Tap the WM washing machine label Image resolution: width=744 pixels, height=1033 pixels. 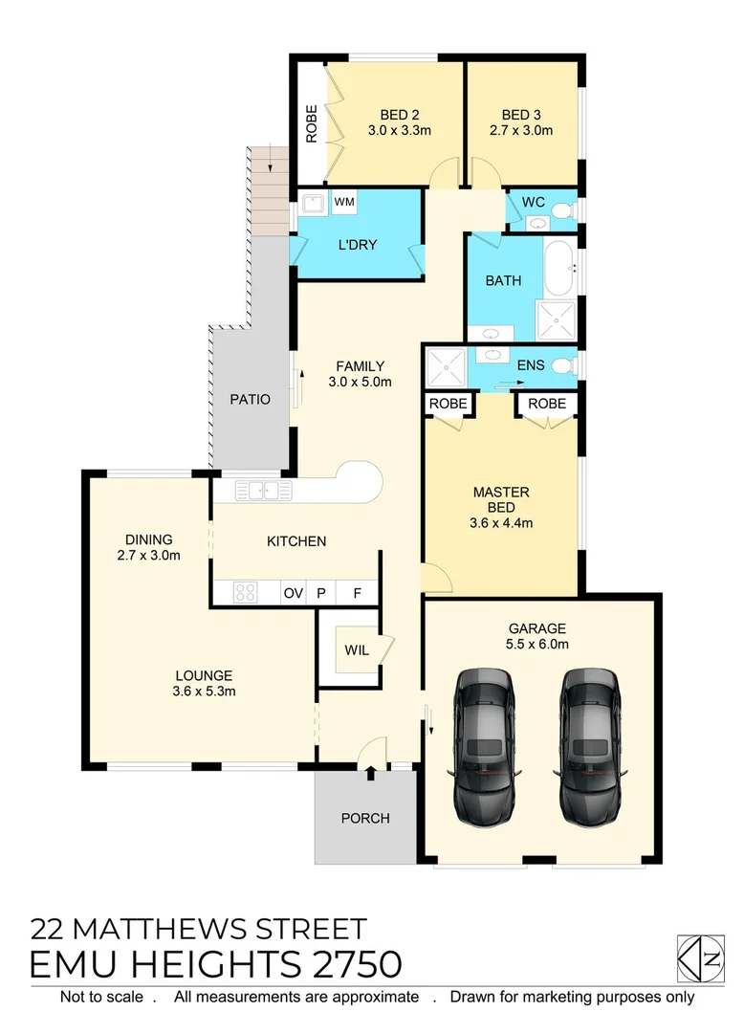coord(344,203)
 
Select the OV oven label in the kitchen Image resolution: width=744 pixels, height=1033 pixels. coord(293,593)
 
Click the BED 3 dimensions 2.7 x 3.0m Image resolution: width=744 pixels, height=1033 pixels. coord(521,131)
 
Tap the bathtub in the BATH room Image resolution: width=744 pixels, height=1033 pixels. coord(558,269)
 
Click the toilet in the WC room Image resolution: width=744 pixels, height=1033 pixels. coord(563,210)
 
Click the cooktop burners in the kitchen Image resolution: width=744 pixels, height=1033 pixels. coord(244,593)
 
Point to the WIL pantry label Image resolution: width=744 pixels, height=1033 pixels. coord(356,650)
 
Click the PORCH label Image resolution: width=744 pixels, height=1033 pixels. coord(365,818)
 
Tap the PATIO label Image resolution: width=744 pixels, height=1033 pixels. coord(251,399)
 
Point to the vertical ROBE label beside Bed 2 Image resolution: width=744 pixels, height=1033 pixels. coord(311,122)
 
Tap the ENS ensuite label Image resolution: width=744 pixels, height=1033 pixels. coord(531,365)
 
